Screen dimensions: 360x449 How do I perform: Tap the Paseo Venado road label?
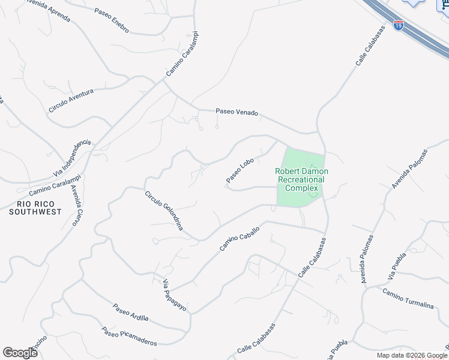click(237, 112)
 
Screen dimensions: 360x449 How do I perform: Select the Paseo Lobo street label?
click(241, 170)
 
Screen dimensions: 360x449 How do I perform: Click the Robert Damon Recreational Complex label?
click(301, 179)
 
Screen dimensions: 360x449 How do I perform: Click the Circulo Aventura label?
click(71, 100)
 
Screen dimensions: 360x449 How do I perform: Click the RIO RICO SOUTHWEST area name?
click(35, 208)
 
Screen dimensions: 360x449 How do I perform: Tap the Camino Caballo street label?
click(240, 238)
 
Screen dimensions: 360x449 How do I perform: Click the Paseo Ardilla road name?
click(130, 313)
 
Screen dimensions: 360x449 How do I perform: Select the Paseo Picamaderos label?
click(129, 336)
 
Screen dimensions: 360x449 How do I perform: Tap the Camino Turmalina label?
click(408, 298)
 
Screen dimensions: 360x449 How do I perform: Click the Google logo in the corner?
click(20, 353)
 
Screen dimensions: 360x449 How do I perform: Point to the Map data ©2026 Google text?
click(412, 355)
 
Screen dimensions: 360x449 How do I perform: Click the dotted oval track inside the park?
click(313, 190)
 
